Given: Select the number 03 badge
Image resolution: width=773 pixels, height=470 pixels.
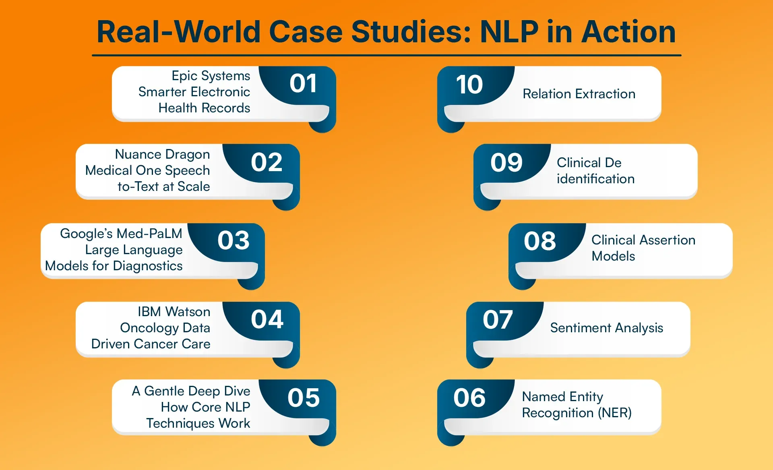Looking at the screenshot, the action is pos(234,240).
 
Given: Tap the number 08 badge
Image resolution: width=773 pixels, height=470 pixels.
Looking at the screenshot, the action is pos(540,241).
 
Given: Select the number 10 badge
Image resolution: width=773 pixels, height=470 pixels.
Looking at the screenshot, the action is pos(469,84).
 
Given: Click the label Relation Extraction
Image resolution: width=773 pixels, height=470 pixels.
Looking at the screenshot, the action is pos(579,94).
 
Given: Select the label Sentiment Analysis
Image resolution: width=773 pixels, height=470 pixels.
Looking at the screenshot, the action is pos(607,328).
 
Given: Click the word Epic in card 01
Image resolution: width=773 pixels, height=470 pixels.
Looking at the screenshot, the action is pos(184,76).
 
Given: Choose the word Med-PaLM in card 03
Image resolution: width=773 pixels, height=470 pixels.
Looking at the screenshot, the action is pos(149,234).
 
